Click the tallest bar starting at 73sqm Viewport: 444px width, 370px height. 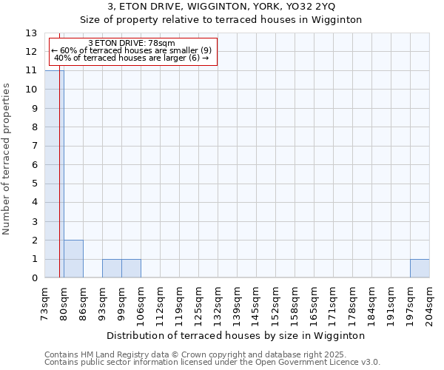click(x=54, y=174)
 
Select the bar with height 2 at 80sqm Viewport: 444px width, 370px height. click(x=73, y=259)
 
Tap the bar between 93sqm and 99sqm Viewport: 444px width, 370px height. click(x=112, y=269)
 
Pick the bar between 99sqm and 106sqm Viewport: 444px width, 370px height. click(x=131, y=269)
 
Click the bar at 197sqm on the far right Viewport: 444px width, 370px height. click(x=420, y=269)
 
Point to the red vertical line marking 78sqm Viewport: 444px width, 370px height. click(x=59, y=185)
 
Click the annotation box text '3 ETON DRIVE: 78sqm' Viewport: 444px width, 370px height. click(x=132, y=44)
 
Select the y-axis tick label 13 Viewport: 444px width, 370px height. click(x=31, y=33)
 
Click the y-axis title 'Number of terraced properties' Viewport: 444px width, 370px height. click(x=7, y=158)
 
